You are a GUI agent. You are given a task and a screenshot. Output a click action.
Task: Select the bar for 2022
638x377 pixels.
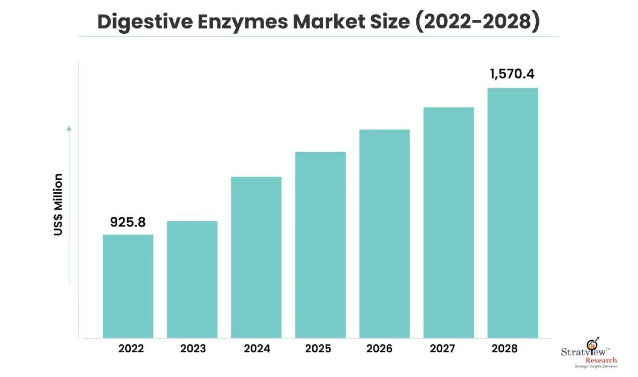(x=128, y=286)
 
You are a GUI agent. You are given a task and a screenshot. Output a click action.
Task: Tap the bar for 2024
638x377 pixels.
(x=256, y=257)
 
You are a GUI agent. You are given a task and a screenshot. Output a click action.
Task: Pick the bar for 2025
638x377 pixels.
(x=320, y=245)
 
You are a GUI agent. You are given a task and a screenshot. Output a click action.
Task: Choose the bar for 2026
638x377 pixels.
(x=384, y=234)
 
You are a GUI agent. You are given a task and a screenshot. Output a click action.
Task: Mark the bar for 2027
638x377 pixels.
(x=449, y=222)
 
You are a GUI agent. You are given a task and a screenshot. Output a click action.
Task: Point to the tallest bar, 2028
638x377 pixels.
(x=513, y=213)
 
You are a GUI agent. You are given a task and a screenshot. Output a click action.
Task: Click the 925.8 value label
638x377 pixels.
(x=128, y=222)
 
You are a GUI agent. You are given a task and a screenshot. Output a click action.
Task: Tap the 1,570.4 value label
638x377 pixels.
(x=512, y=74)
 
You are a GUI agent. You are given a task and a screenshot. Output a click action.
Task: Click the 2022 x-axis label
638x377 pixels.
(x=131, y=348)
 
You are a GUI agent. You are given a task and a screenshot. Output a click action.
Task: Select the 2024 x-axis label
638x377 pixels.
(x=257, y=348)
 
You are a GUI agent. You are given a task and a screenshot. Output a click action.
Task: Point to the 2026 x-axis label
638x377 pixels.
(x=379, y=348)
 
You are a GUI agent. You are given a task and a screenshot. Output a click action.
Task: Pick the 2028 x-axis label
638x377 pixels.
(x=504, y=348)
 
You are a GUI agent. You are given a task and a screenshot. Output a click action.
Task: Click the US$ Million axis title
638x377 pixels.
(x=58, y=204)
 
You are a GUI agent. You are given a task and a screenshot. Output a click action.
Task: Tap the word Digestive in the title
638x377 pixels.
(x=145, y=22)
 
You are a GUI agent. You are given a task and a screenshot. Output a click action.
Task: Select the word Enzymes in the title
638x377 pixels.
(x=243, y=22)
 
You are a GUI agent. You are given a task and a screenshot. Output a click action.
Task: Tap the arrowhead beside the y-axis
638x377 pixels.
(x=69, y=128)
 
